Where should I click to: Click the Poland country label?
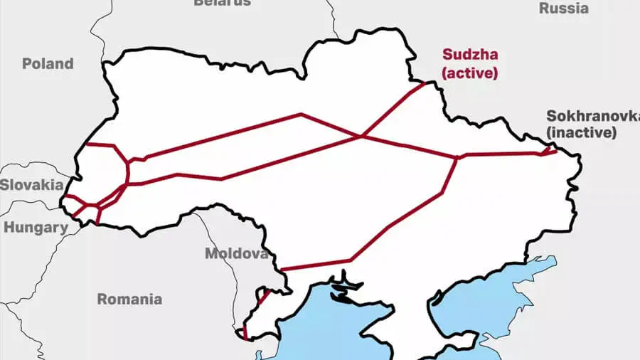48,63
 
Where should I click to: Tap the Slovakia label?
31,184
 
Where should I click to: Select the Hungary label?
36,228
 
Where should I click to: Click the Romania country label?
129,299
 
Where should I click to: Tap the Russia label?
564,9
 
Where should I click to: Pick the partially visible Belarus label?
222,3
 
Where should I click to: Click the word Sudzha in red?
469,54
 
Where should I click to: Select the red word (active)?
469,72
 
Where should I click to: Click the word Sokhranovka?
592,116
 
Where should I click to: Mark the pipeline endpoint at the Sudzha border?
425,83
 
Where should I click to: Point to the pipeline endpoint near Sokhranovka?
555,149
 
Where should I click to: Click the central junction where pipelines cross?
362,135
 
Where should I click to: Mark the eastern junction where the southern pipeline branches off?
457,157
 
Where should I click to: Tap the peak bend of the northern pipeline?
301,114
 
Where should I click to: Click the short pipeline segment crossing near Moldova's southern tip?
261,298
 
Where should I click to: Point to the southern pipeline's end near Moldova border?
282,270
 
